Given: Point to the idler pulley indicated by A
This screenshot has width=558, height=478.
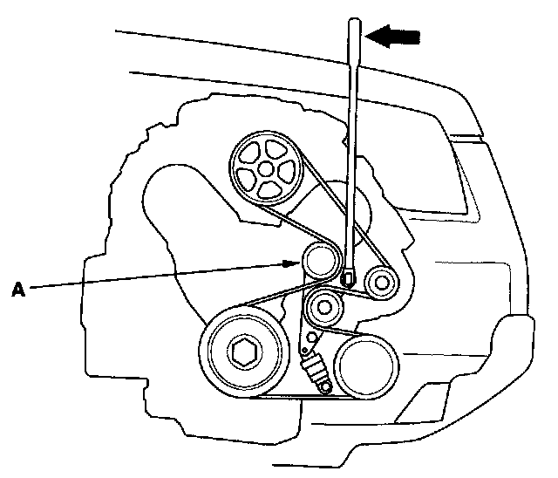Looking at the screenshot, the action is point(320,262).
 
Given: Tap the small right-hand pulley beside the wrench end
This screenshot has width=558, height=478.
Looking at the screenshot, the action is point(380,281).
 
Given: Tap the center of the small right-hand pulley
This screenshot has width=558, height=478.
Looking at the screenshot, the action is point(380,281).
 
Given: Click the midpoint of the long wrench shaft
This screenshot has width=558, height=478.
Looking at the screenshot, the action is point(353,148).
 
